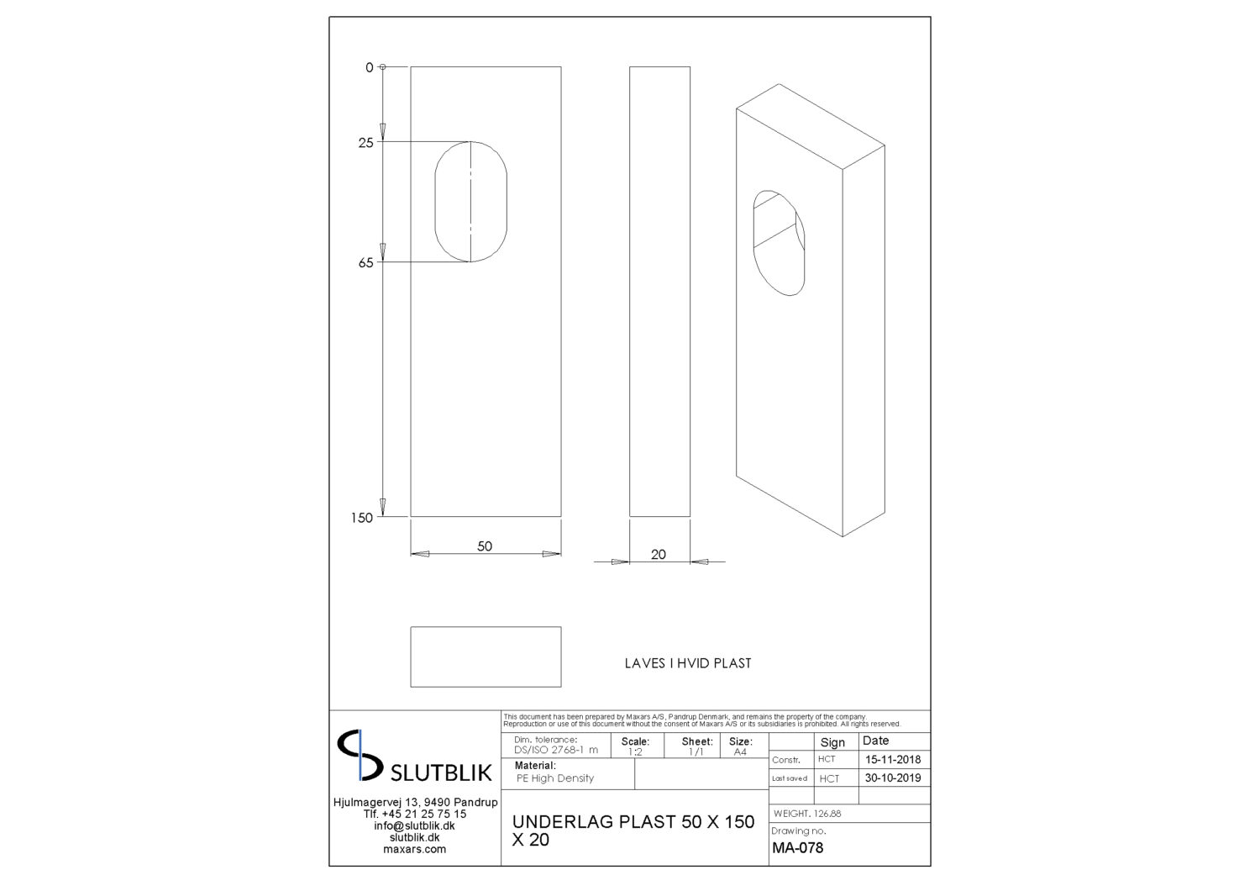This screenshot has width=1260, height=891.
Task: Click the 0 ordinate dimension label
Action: tap(369, 67)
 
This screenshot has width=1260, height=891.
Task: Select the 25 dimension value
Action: tap(365, 143)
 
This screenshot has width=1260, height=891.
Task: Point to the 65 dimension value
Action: tap(365, 263)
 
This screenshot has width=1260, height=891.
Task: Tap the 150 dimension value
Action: tap(362, 518)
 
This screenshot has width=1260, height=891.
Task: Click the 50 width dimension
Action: tap(485, 546)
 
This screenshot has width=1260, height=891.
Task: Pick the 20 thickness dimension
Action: tap(658, 555)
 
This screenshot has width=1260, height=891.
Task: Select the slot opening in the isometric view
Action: tap(753, 242)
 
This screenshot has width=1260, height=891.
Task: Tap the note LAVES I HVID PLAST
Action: tap(688, 663)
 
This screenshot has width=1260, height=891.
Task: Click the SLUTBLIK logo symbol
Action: tap(360, 756)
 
